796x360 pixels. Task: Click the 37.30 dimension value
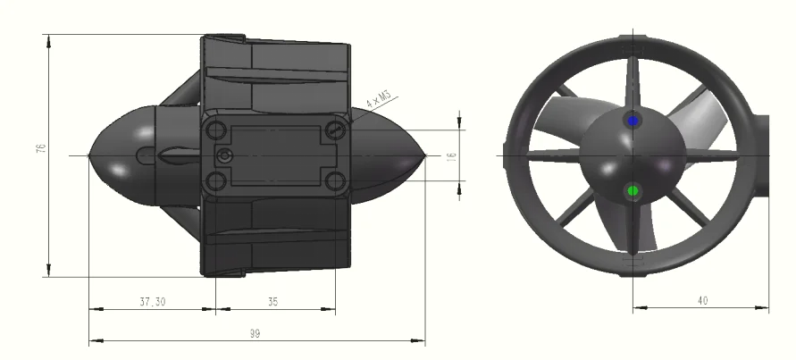(x=152, y=302)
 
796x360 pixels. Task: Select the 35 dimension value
(x=272, y=302)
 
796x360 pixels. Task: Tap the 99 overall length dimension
(x=255, y=333)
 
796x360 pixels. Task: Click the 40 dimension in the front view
(x=702, y=300)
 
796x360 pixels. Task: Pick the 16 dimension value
(x=451, y=157)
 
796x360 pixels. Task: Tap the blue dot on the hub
(x=633, y=121)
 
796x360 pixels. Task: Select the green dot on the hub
(x=633, y=191)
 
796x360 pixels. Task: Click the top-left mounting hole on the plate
(x=216, y=130)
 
